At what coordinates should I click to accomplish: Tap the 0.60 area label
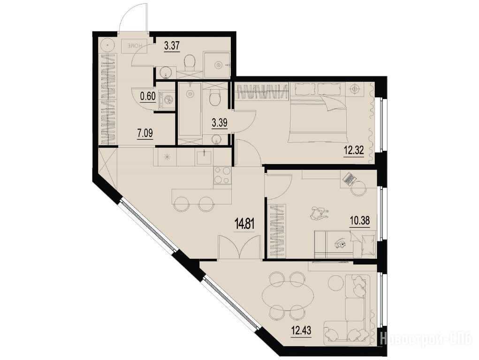tap(148, 97)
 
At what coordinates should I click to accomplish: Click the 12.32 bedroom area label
tap(354, 151)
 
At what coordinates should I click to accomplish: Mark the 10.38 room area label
tap(359, 220)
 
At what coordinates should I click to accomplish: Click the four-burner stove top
tap(222, 176)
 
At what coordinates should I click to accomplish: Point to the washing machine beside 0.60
tap(167, 99)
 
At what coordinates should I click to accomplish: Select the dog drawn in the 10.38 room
tap(318, 212)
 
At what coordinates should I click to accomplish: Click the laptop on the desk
tap(349, 179)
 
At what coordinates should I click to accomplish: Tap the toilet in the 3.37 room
tap(190, 62)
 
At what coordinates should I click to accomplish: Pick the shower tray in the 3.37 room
tap(217, 65)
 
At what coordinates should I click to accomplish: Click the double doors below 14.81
tap(240, 247)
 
